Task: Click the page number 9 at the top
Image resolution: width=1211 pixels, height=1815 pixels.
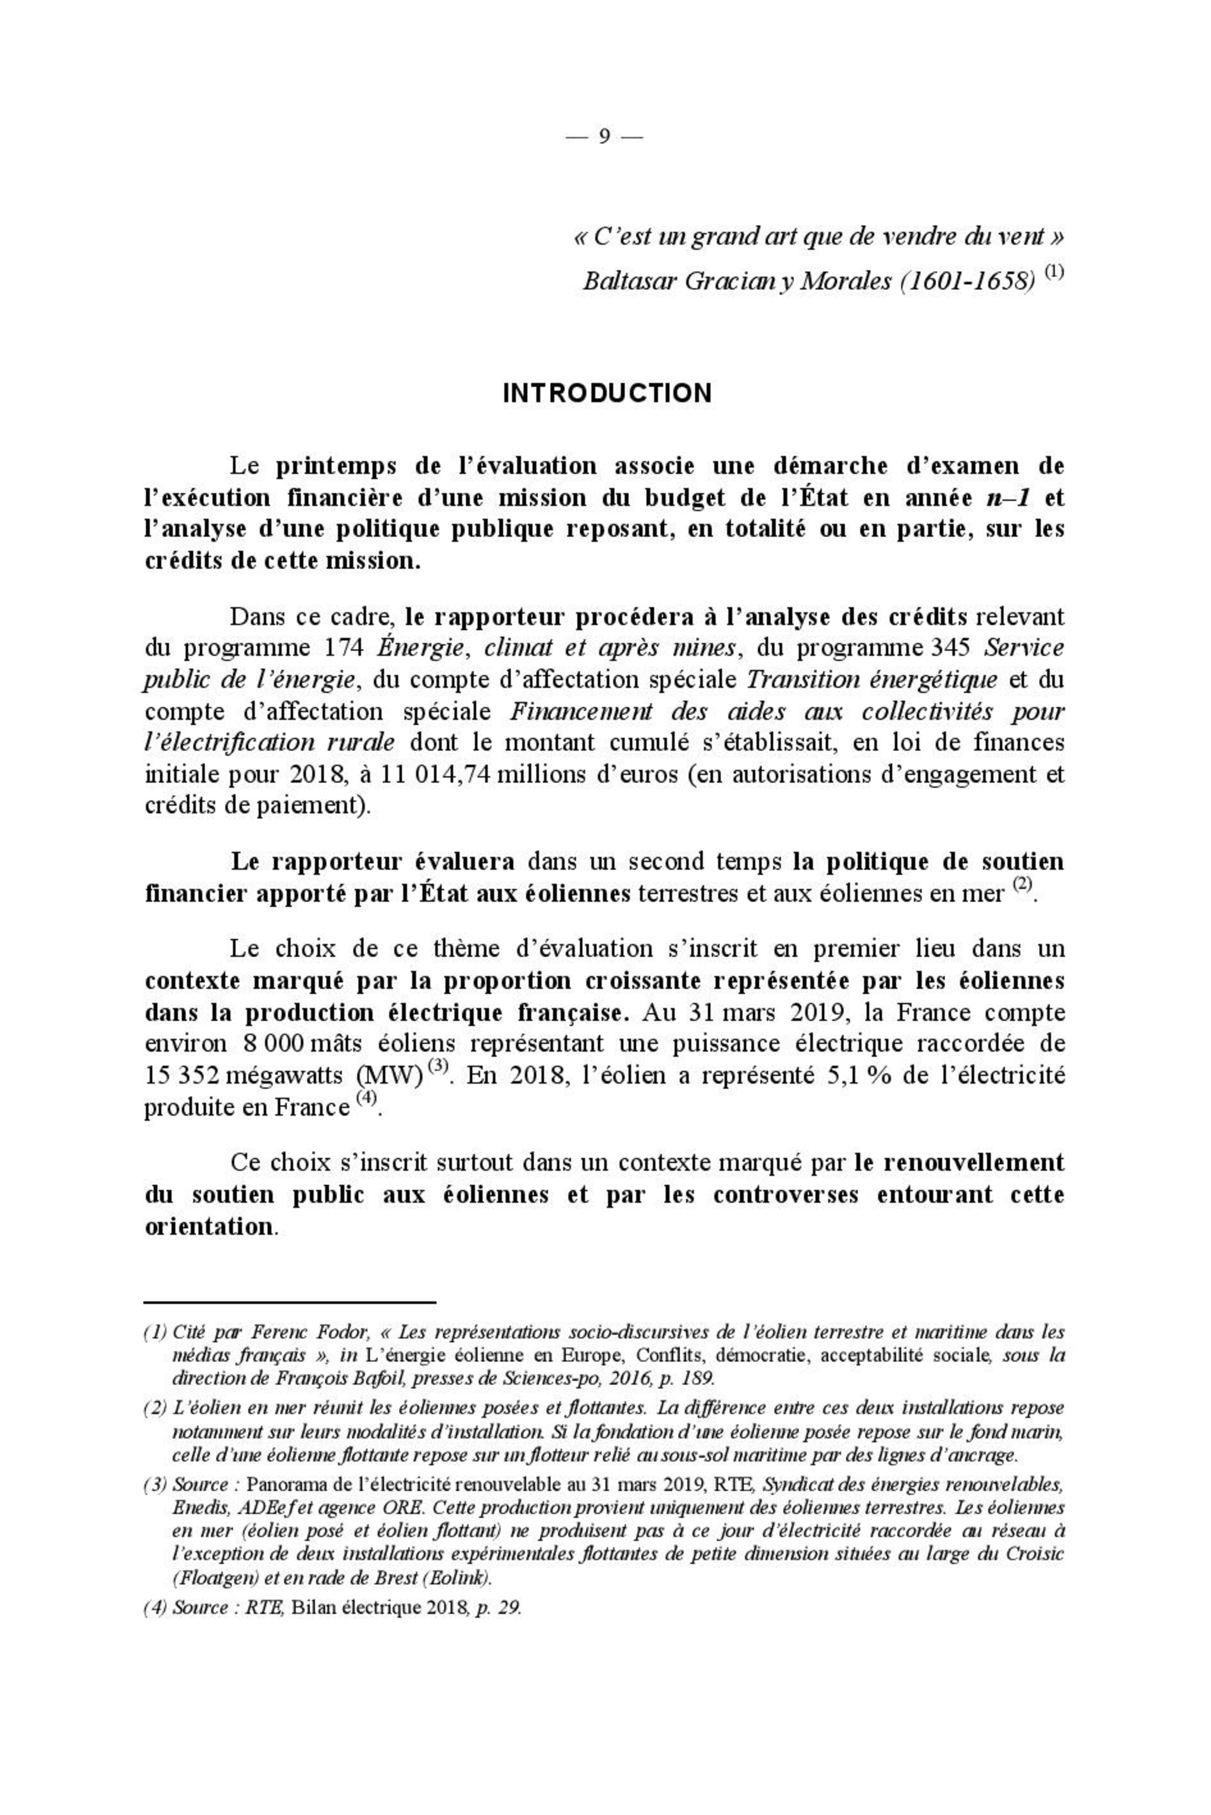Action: [604, 137]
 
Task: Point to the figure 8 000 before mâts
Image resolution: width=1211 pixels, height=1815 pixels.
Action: [275, 1043]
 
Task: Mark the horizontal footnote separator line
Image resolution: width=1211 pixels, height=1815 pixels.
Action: [291, 1303]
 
